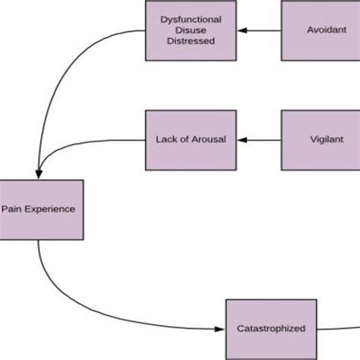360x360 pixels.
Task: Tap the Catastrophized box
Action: coord(270,328)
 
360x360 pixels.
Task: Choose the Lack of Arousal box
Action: coord(190,140)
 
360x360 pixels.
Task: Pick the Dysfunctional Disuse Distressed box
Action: coord(190,30)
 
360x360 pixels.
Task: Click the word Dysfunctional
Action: coord(190,18)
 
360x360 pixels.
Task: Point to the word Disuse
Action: coord(190,30)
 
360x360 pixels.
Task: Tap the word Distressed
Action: coord(190,43)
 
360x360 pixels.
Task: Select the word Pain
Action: coord(11,208)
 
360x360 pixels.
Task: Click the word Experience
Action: coord(49,208)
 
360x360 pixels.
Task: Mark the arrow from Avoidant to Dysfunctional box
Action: coord(258,30)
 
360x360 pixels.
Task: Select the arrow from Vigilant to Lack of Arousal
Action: coord(258,140)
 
